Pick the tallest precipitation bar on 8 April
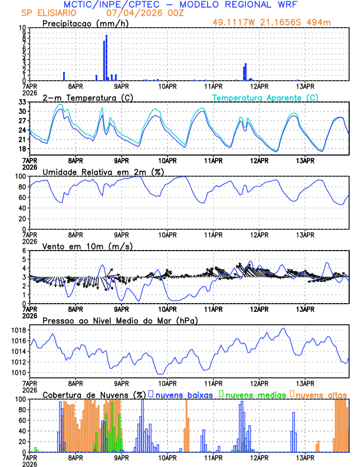(x=106, y=58)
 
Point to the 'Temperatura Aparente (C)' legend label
(x=265, y=97)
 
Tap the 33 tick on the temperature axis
(x=22, y=102)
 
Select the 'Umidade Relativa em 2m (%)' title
(x=103, y=172)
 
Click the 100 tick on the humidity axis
(x=20, y=176)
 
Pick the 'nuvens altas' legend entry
(x=321, y=394)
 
